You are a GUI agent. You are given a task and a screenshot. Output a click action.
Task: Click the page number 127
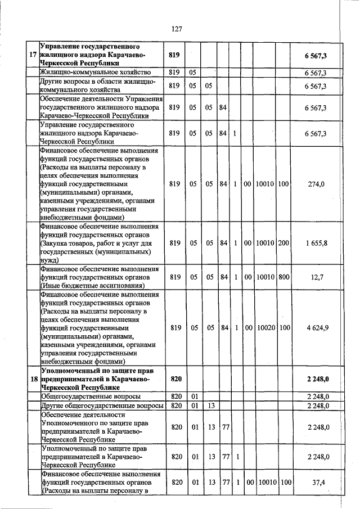pos(177,29)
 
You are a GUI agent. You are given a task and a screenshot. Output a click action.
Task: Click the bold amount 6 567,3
pos(316,55)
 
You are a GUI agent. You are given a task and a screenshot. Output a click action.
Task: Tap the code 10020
pos(265,327)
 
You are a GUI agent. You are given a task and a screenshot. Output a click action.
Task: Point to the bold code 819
pos(174,55)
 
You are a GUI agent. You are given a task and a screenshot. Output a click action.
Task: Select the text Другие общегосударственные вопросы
pos(102,406)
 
